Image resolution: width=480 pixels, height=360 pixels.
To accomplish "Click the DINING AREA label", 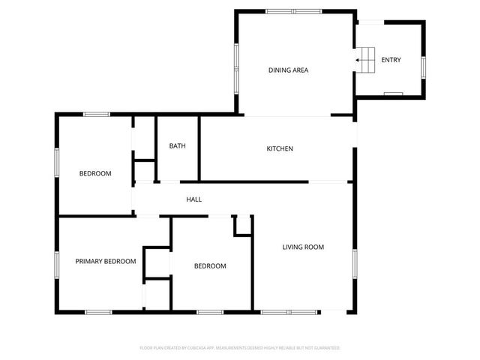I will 289,70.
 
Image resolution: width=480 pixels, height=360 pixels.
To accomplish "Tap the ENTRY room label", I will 391,60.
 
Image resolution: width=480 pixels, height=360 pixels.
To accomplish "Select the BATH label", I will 177,146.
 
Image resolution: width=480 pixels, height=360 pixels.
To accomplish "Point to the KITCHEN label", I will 280,148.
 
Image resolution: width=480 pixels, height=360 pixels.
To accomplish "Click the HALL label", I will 194,199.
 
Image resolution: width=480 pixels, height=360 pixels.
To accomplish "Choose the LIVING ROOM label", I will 303,247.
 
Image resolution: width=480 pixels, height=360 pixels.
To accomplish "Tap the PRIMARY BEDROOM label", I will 105,262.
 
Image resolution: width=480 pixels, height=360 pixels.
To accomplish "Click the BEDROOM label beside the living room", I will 210,266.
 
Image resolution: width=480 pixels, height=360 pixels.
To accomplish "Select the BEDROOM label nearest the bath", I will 95,173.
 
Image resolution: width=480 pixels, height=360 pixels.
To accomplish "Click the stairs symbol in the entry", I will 365,59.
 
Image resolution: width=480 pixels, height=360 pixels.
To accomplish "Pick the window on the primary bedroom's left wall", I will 57,263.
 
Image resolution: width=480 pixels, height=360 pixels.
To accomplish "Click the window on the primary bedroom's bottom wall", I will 97,311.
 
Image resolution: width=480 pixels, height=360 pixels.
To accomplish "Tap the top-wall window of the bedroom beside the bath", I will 96,114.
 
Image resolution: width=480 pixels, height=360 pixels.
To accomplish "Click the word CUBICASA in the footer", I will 196,348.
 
